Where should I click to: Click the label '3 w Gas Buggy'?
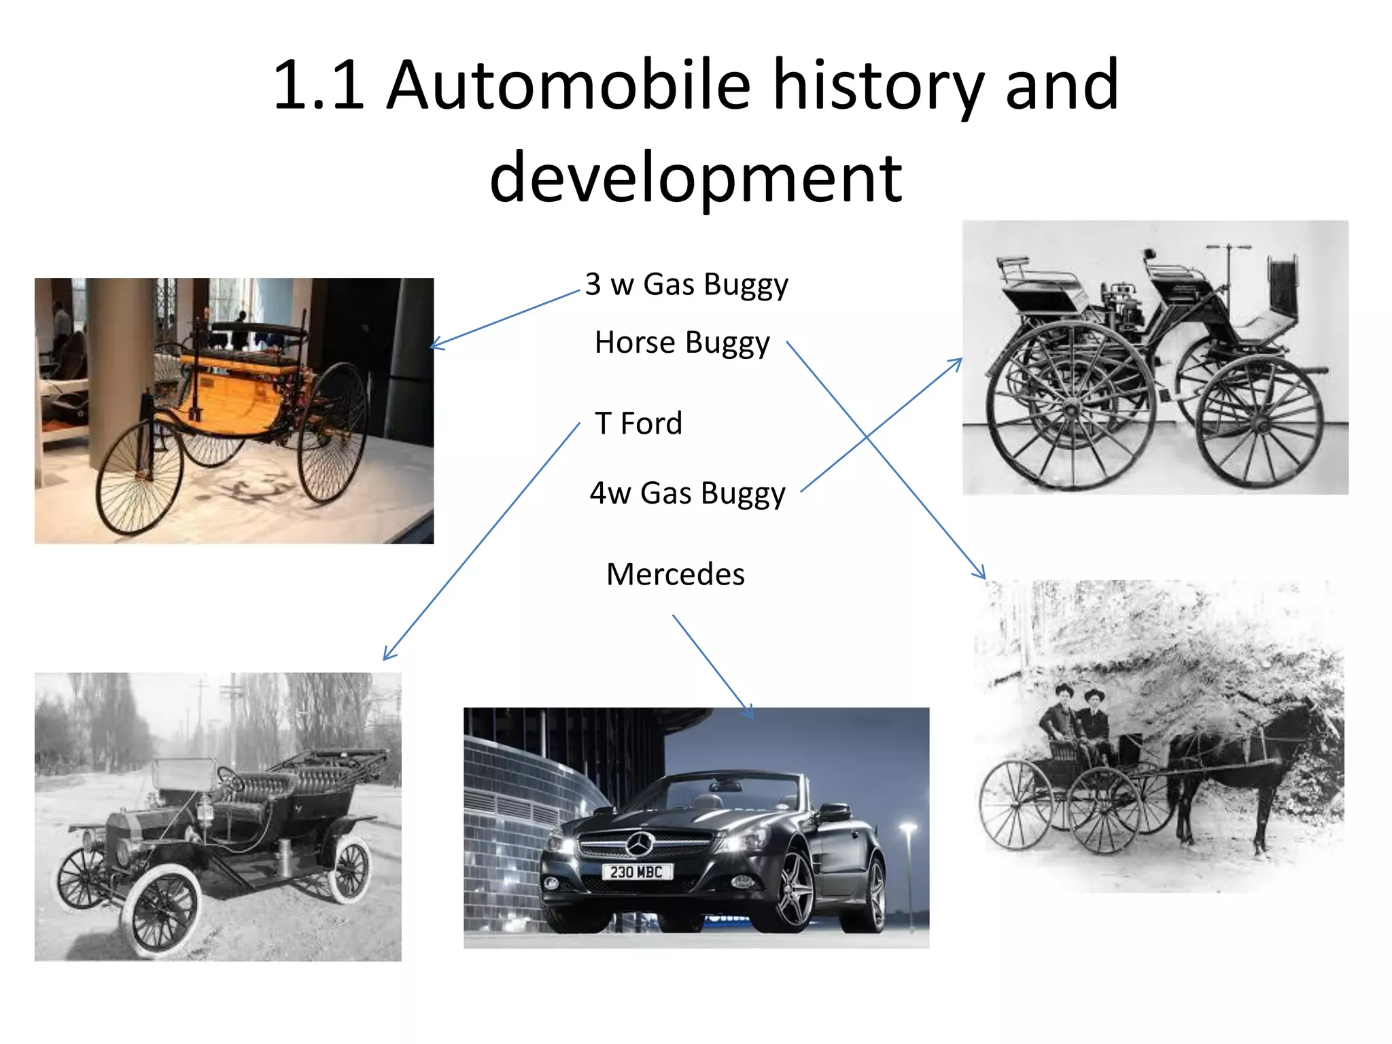[686, 285]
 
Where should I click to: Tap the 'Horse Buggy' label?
[682, 343]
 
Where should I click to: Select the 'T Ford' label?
[638, 423]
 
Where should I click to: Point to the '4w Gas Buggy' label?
[687, 493]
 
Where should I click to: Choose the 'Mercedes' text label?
[675, 574]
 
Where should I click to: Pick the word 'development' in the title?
[695, 177]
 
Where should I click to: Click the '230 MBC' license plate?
[636, 872]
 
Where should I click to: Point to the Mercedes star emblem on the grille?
[638, 845]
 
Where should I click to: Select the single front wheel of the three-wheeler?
[139, 476]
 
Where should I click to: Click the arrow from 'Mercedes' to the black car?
[713, 666]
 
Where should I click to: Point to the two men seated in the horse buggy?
[1077, 720]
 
